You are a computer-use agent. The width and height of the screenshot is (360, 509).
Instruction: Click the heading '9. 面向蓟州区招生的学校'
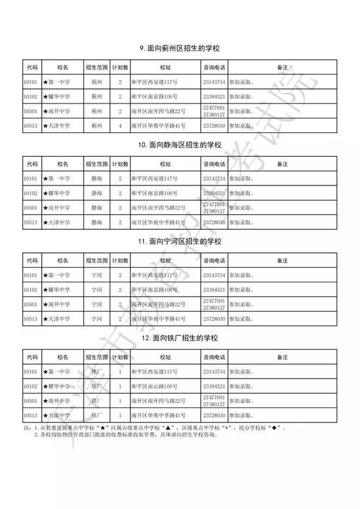[x=180, y=48]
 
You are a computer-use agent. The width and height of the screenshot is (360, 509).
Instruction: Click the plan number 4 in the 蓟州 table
[x=120, y=125]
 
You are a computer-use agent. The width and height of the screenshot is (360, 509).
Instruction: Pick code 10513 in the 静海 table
[x=31, y=221]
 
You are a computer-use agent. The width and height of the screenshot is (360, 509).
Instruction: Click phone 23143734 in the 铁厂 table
[x=215, y=371]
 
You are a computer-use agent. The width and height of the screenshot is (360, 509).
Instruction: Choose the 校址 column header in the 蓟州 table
[x=166, y=67]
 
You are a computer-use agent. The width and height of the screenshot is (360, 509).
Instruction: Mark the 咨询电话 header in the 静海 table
[x=215, y=163]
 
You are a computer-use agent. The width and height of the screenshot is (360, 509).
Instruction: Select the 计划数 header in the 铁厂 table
[x=120, y=356]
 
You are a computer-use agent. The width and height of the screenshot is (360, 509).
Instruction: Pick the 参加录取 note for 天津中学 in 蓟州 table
[x=242, y=125]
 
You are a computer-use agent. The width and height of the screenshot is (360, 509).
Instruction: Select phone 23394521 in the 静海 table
[x=215, y=193]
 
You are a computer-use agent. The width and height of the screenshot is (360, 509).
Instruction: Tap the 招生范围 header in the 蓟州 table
[x=96, y=67]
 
